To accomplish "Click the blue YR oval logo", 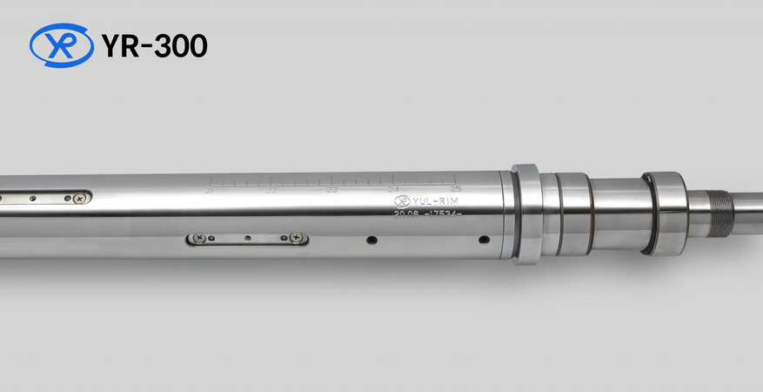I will point(62,45).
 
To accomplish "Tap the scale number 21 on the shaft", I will point(209,189).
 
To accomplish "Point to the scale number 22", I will point(271,189).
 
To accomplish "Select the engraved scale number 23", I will point(331,189).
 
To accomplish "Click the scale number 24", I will point(393,189).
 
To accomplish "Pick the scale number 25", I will point(454,188).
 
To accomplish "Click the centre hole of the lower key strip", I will point(248,237).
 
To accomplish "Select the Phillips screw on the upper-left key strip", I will point(79,198).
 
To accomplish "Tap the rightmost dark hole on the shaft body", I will point(484,239).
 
